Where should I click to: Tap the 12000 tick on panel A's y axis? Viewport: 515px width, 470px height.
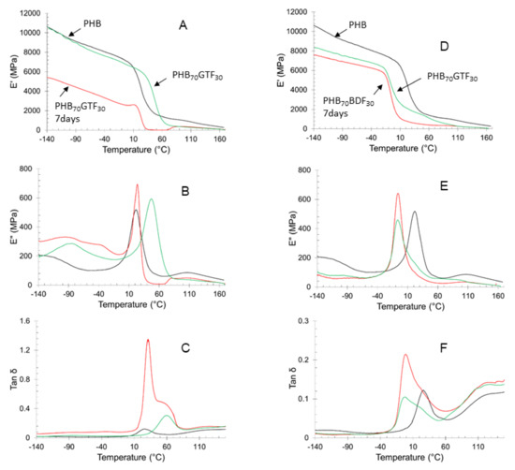tap(27, 12)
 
